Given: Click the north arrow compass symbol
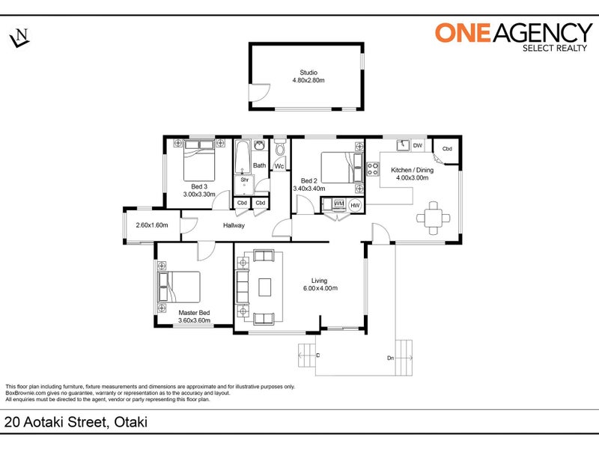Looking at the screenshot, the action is (x=19, y=38).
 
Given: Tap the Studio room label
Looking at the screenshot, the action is (x=308, y=72).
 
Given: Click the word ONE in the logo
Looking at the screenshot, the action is (x=463, y=32).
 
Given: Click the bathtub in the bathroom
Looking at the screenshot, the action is (x=242, y=157).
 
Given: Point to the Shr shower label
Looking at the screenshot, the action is (x=245, y=180).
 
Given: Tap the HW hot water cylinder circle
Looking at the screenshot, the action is (x=355, y=205).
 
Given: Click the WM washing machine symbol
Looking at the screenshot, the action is (x=339, y=204).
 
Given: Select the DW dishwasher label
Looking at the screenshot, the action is (x=418, y=145).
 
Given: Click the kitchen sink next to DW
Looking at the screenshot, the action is (x=403, y=145).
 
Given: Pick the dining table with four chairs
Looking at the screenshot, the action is (x=434, y=218).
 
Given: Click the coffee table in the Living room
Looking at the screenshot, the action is (x=265, y=287).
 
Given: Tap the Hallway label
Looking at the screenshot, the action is (x=234, y=225).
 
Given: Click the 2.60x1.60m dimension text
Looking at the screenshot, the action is (x=152, y=225).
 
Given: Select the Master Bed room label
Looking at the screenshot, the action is (x=194, y=313).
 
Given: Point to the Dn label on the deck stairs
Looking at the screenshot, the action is (x=390, y=358).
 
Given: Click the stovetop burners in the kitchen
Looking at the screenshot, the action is (x=372, y=168).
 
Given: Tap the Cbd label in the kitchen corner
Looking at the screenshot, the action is (x=447, y=149).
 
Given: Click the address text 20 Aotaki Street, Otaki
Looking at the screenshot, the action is (x=76, y=422).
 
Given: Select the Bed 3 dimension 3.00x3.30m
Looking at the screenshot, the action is (x=199, y=195).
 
